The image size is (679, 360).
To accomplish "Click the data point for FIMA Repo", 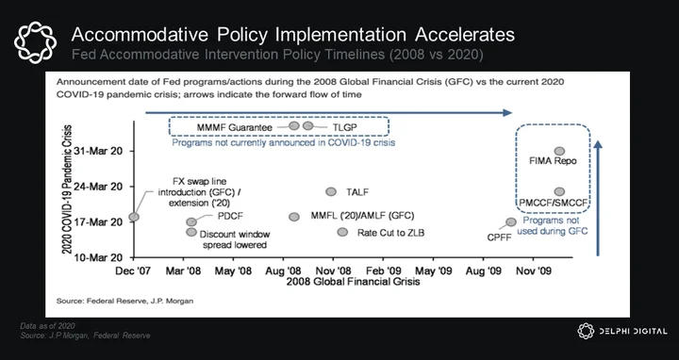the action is point(559,151).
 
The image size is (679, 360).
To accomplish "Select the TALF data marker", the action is point(331,191).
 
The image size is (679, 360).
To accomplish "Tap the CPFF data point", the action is point(511,222).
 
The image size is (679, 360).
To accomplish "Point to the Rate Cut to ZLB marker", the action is point(342,232).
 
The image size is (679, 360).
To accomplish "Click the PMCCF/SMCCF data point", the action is point(559,191).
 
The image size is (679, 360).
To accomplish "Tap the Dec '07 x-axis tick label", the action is point(133,270).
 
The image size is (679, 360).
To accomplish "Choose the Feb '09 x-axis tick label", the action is point(383,270).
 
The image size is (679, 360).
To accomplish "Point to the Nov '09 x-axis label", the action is point(533,270).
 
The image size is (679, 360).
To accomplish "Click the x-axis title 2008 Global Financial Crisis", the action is point(353,282).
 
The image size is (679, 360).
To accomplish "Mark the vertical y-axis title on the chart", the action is point(67,189).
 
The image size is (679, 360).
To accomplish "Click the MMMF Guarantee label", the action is point(234,127).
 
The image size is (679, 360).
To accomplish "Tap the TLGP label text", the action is point(345,127).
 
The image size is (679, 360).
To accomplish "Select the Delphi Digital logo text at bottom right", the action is point(633,332).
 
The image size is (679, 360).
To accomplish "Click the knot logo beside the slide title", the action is point(35,42).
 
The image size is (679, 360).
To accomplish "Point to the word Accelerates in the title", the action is point(465,35).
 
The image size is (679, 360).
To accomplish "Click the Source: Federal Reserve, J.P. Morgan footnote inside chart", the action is point(124,301).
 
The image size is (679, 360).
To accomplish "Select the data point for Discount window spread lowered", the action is point(191,232).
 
